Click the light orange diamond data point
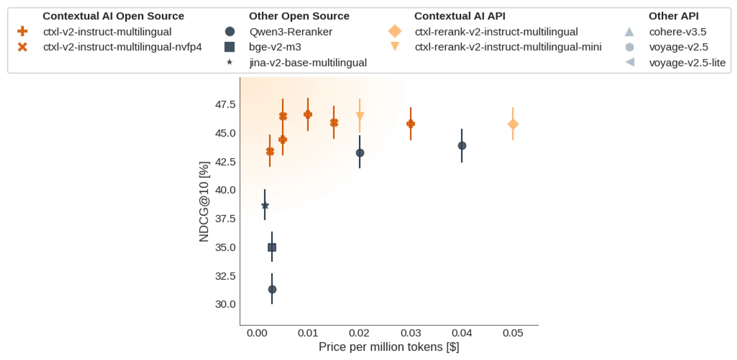click(x=513, y=124)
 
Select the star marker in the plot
click(x=265, y=206)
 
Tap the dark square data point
click(x=272, y=247)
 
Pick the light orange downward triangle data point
click(x=360, y=116)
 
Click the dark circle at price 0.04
click(x=462, y=146)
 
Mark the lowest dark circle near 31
click(x=272, y=289)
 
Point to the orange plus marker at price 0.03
click(x=411, y=124)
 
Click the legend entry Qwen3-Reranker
click(x=290, y=32)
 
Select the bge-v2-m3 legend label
click(x=275, y=47)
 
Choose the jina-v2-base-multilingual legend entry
click(x=308, y=63)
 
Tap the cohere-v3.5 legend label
click(x=677, y=32)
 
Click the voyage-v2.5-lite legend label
click(x=687, y=63)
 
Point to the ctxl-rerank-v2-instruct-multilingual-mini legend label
click(x=508, y=47)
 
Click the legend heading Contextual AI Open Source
click(x=113, y=16)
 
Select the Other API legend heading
click(x=673, y=16)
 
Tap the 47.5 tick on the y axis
click(x=225, y=105)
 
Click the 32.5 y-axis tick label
click(x=225, y=276)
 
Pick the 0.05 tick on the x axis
click(x=513, y=333)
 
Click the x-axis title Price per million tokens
click(x=389, y=347)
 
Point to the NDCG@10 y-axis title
click(x=204, y=202)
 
